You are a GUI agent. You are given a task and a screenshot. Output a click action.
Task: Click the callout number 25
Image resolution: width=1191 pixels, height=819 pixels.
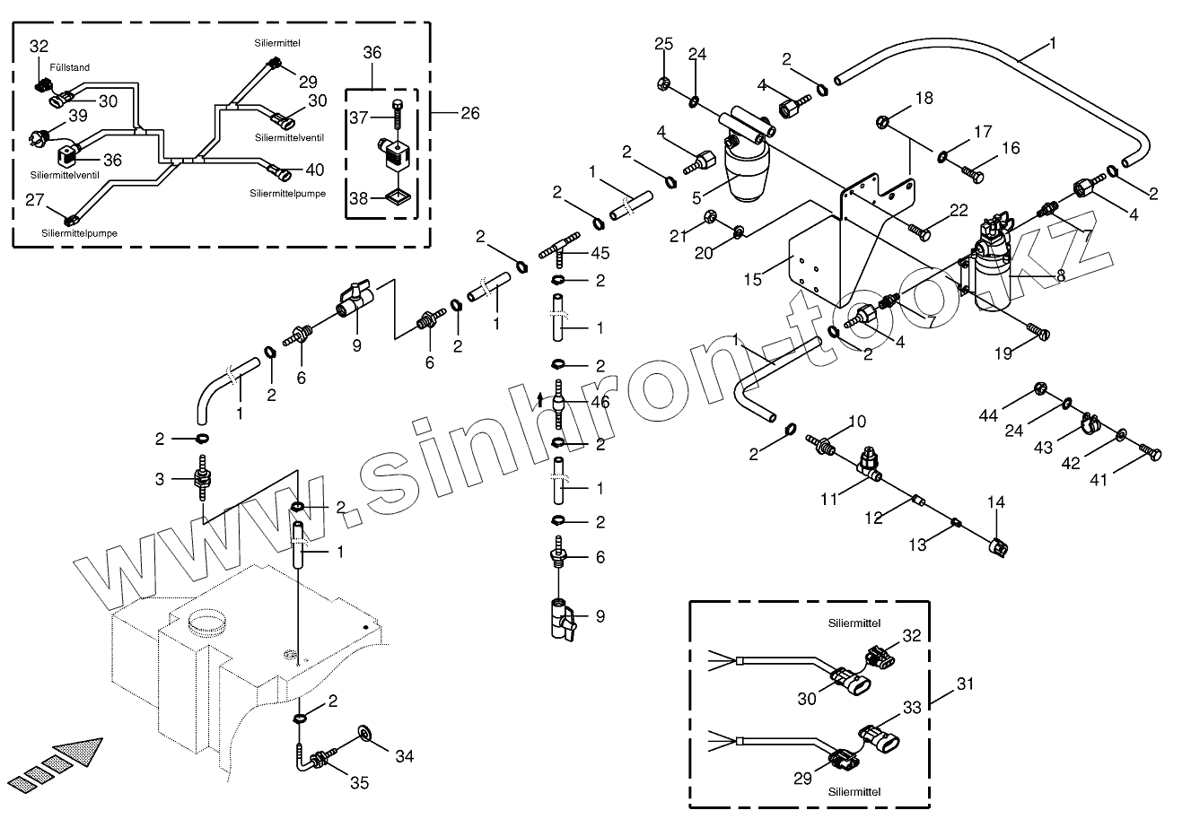[x=662, y=44]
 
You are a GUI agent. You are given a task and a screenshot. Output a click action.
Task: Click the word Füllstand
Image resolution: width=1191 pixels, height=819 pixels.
[x=70, y=67]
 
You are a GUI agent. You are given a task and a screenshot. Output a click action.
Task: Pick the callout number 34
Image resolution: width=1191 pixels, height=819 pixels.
[x=405, y=756]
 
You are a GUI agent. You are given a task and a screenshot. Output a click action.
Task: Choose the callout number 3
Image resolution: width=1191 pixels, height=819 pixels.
[x=160, y=479]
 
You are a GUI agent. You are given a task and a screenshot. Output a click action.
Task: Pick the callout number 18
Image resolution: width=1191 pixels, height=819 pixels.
[x=923, y=98]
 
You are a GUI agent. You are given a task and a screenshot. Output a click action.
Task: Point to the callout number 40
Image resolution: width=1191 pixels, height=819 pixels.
[x=314, y=170]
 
